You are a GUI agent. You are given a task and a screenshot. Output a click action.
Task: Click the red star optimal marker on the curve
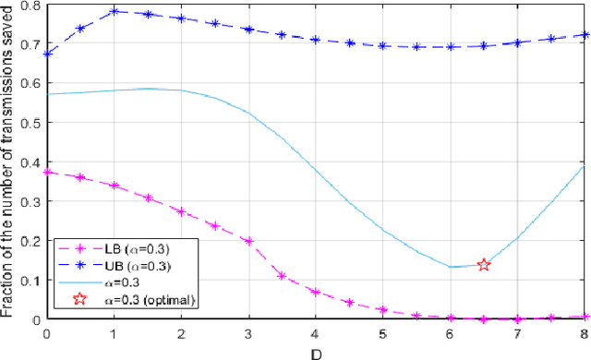tap(483, 265)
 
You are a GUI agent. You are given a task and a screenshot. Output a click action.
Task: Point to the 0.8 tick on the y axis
tap(30, 6)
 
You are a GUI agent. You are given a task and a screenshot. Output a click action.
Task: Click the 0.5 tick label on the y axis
tap(30, 124)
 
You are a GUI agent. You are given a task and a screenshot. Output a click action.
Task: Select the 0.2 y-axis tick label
tap(30, 241)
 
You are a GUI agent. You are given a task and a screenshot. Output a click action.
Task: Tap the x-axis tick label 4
tap(315, 332)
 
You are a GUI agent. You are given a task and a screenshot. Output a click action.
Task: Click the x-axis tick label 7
tap(517, 332)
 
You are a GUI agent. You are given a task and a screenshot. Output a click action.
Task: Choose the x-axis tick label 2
tap(180, 332)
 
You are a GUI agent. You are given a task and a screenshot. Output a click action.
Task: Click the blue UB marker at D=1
tap(113, 12)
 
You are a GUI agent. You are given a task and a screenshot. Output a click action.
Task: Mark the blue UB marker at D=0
tap(46, 54)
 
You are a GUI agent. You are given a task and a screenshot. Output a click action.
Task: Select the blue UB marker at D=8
tap(585, 35)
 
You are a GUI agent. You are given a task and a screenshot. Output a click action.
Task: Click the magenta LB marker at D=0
tap(46, 172)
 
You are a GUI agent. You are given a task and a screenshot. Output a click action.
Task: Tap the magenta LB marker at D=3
tap(247, 241)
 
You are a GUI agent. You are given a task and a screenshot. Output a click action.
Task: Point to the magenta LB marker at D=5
tap(382, 310)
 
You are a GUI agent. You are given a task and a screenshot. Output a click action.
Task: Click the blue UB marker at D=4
tap(315, 41)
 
